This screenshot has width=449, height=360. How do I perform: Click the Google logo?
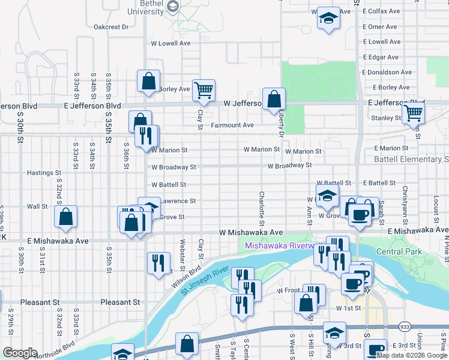tap(20, 352)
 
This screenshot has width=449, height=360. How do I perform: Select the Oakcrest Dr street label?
tap(112, 26)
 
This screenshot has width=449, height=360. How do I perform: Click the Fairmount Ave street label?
tap(232, 125)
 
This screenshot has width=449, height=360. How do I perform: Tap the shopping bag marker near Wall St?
tap(66, 217)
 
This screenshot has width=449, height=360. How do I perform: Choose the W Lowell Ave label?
tap(170, 43)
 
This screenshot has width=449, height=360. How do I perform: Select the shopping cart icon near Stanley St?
tap(414, 112)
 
